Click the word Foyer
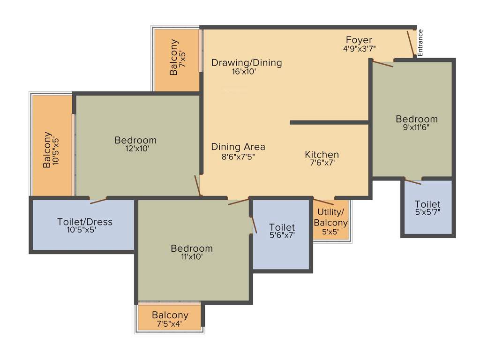coord(359,40)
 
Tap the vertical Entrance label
coord(420,43)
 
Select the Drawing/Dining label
coord(247,63)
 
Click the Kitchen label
coord(322,155)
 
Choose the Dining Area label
coord(238,147)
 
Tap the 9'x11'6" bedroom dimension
coord(416,127)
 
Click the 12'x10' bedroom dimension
coord(135,149)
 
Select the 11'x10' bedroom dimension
coord(191,257)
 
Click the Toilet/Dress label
coord(85,222)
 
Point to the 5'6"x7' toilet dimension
coord(282,236)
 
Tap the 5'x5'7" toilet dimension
coord(427,212)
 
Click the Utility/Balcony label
coord(330,218)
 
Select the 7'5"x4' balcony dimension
coord(170,323)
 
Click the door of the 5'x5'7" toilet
coord(413,182)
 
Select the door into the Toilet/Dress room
coord(98,201)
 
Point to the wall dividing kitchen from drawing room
coord(330,122)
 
